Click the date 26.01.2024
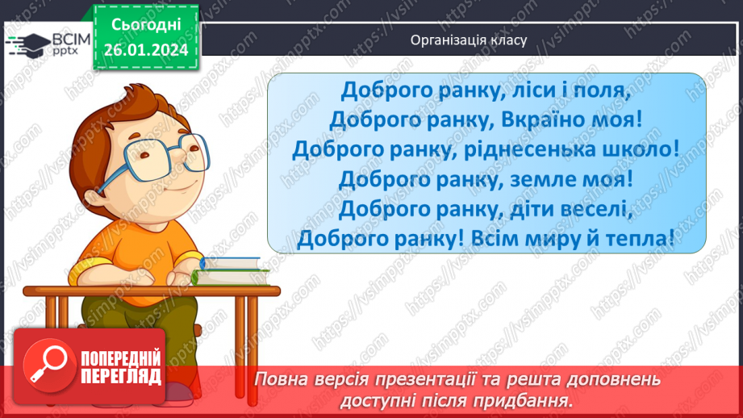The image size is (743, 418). click(x=146, y=50)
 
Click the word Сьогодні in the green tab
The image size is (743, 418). click(x=146, y=25)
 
